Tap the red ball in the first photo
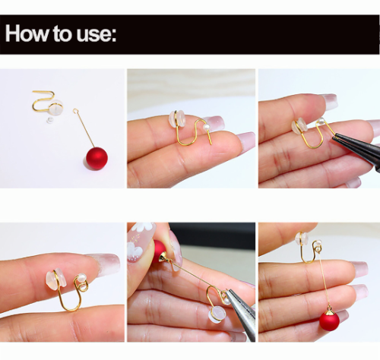click(96, 158)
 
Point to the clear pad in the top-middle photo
click(177, 118)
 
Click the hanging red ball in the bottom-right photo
click(329, 321)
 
